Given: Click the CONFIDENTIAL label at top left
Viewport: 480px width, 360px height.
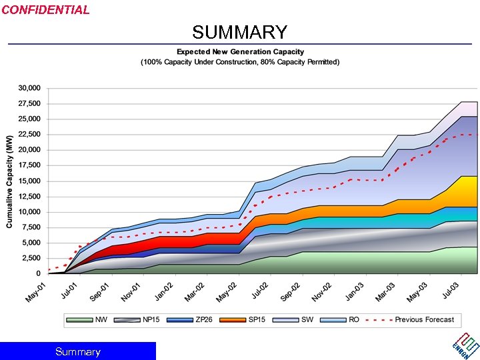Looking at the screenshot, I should coord(45,10).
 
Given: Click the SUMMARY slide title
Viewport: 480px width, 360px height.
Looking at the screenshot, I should coord(240,32).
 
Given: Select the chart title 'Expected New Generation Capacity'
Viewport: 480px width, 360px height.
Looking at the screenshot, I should coord(240,52).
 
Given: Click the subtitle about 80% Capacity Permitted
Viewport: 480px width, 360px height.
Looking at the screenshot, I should coord(240,62).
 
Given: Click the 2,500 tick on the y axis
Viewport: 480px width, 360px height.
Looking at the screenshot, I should coord(32,258).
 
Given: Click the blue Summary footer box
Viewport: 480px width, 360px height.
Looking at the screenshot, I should coord(78,351).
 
